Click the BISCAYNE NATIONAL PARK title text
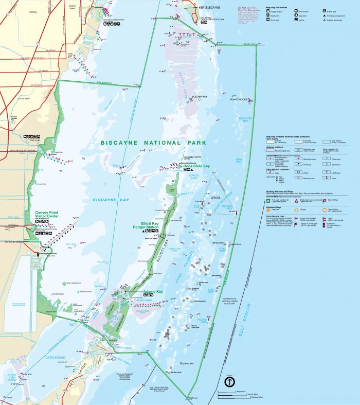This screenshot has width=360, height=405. [x=153, y=143]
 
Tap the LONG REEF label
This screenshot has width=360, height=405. [x=222, y=251]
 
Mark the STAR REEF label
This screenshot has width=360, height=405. [x=239, y=161]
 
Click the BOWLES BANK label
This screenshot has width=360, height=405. [x=194, y=176]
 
